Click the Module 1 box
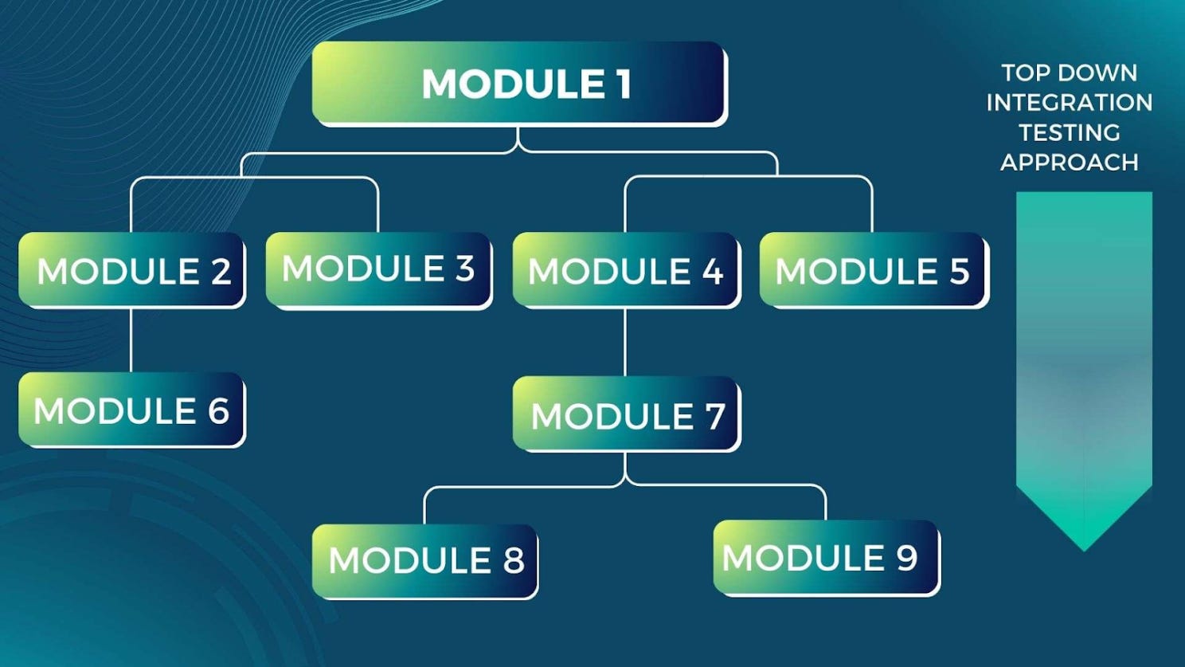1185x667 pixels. [518, 84]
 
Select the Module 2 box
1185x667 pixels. [131, 270]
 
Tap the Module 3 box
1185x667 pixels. [378, 269]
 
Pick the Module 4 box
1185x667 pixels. [626, 270]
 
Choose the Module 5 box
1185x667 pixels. [873, 270]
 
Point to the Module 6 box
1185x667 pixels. [131, 410]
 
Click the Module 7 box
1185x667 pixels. [626, 414]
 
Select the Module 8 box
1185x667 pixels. [424, 560]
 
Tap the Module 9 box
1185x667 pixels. [826, 557]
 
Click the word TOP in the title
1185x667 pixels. [1026, 73]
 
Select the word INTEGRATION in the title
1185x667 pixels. [1069, 103]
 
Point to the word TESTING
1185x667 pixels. [1069, 132]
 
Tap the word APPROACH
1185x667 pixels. [1069, 163]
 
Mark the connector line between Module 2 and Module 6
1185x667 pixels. [131, 340]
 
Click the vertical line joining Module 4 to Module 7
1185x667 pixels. [625, 343]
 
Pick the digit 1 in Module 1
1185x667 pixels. [624, 84]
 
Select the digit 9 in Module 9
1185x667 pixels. [907, 557]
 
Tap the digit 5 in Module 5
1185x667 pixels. [959, 272]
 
